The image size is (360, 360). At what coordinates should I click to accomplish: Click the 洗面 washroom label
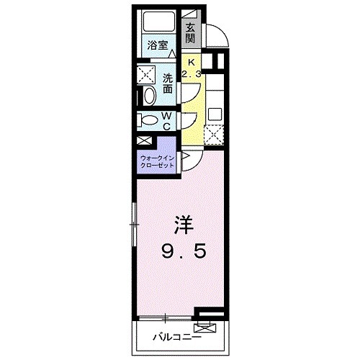(166, 84)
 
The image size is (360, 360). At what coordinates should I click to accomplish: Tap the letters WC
(166, 121)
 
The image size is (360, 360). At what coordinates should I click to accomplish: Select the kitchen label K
(191, 61)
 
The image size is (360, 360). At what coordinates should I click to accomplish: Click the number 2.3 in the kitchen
(191, 73)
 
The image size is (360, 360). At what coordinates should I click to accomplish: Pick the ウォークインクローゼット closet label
(157, 161)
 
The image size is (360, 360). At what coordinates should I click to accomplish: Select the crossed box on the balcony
(208, 329)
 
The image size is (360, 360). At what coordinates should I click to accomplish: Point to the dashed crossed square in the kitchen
(214, 135)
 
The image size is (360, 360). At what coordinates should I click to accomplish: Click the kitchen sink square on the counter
(214, 114)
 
